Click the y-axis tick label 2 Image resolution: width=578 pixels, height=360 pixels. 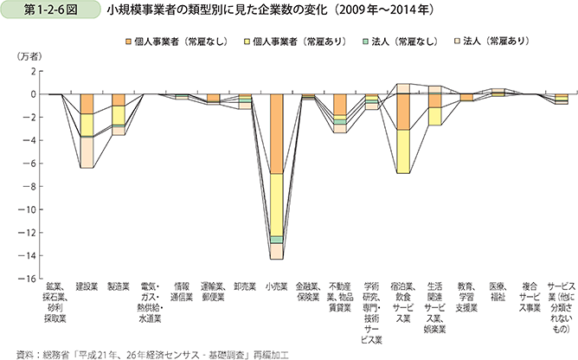click(x=32, y=71)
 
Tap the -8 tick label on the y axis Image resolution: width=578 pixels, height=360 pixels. click(x=29, y=186)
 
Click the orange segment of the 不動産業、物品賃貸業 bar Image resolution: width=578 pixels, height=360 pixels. click(x=339, y=105)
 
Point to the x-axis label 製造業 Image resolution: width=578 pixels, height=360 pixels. click(x=119, y=286)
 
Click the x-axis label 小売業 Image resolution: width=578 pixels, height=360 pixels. click(x=277, y=286)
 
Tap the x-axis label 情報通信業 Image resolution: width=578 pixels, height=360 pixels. click(x=182, y=291)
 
